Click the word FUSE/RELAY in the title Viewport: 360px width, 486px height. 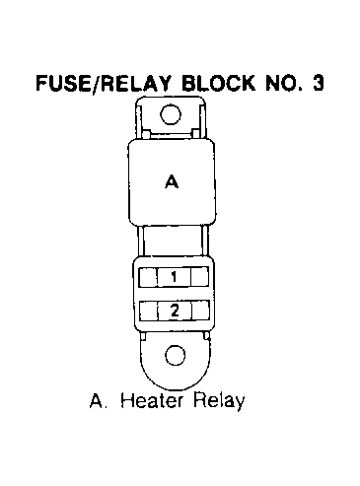click(104, 83)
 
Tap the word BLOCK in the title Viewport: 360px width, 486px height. click(218, 83)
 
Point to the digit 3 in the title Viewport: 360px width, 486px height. click(318, 83)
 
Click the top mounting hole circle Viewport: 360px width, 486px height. click(171, 114)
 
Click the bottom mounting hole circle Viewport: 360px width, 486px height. click(176, 355)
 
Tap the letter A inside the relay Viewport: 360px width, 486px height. click(172, 181)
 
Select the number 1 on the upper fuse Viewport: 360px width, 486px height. click(174, 277)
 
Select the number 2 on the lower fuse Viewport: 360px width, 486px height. click(175, 311)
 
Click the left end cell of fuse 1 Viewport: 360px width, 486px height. click(148, 277)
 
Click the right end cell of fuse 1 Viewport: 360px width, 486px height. click(200, 277)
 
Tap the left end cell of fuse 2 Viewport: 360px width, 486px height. click(149, 311)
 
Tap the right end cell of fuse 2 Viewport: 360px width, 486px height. click(200, 311)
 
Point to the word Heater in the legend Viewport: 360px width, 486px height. click(151, 400)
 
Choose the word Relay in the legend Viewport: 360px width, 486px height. click(219, 401)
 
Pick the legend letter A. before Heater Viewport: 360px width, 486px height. click(99, 400)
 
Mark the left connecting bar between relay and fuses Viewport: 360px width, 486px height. click(140, 241)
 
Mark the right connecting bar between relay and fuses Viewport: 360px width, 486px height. click(204, 241)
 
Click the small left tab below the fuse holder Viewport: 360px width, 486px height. click(143, 336)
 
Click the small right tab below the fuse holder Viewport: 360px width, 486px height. click(206, 335)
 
